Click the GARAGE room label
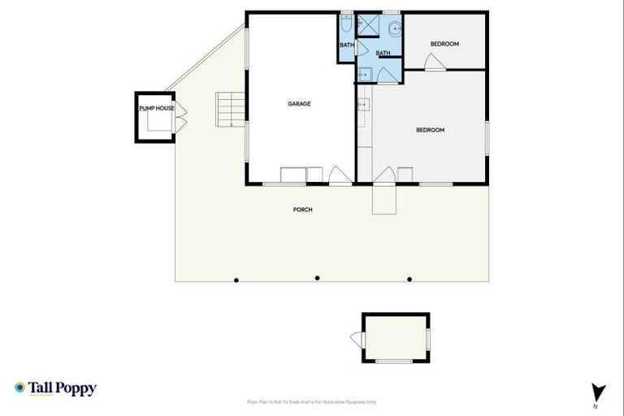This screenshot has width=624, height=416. [299, 103]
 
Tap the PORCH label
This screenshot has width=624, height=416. [302, 210]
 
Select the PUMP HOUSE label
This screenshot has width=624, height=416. [156, 108]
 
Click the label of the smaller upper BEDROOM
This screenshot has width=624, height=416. [444, 44]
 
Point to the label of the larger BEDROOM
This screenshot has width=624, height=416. [430, 130]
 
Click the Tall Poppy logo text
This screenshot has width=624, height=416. [63, 388]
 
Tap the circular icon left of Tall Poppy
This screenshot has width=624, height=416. [19, 388]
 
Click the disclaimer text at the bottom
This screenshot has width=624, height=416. [312, 402]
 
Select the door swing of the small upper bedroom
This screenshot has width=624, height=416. [435, 63]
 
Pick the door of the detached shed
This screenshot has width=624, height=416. [357, 338]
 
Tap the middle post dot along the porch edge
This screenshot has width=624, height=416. [317, 278]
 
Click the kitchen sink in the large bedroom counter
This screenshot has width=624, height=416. [362, 105]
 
